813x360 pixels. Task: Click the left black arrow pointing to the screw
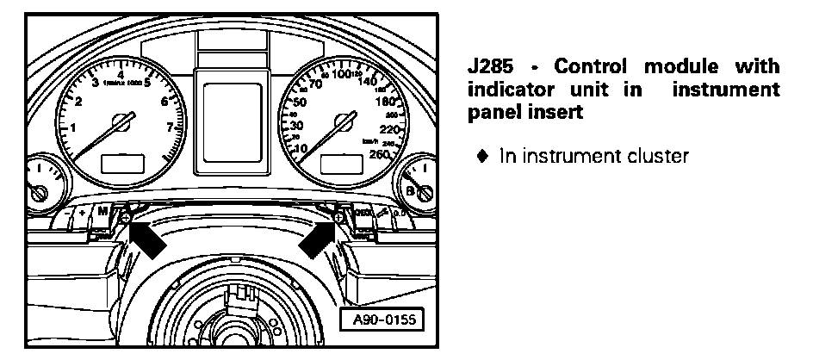[x=148, y=238]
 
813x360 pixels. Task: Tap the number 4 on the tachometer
[x=120, y=76]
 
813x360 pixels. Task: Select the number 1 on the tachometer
[x=73, y=129]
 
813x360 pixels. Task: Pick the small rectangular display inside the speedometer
[x=338, y=164]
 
